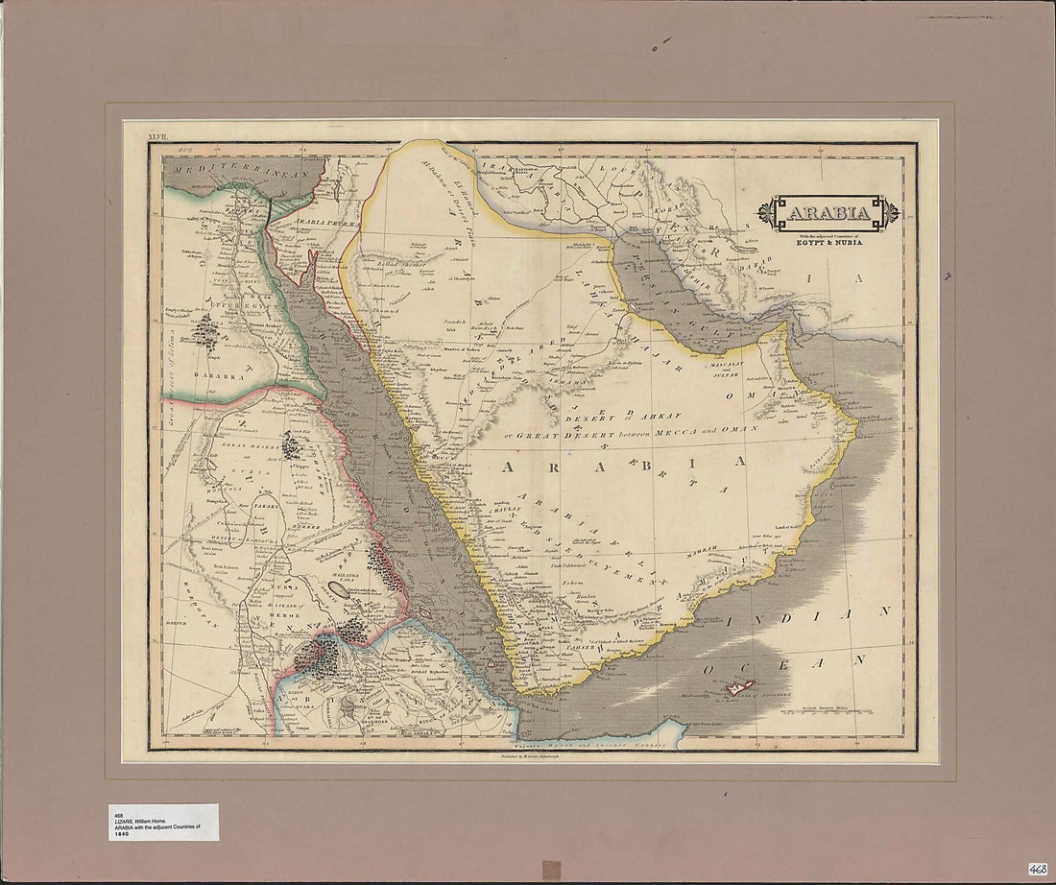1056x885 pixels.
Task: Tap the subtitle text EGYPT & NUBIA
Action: pos(829,244)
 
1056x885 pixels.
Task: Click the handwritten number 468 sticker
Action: pos(1037,868)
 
